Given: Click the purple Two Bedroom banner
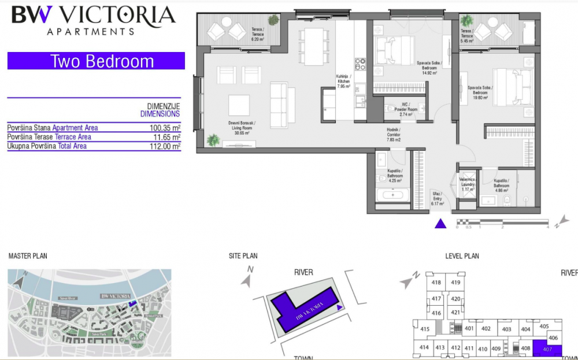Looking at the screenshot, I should click(96, 61).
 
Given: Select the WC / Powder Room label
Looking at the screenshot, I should click(409, 110).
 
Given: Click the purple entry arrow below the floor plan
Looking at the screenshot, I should click(441, 224).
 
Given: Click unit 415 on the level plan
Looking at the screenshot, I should click(425, 329).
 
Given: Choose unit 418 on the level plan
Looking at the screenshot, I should click(436, 283).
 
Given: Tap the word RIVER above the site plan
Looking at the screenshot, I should click(303, 272).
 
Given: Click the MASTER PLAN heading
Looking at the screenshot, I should click(28, 256).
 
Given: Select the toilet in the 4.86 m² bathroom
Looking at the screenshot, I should click(507, 200).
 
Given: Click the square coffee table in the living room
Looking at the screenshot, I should click(239, 105).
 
